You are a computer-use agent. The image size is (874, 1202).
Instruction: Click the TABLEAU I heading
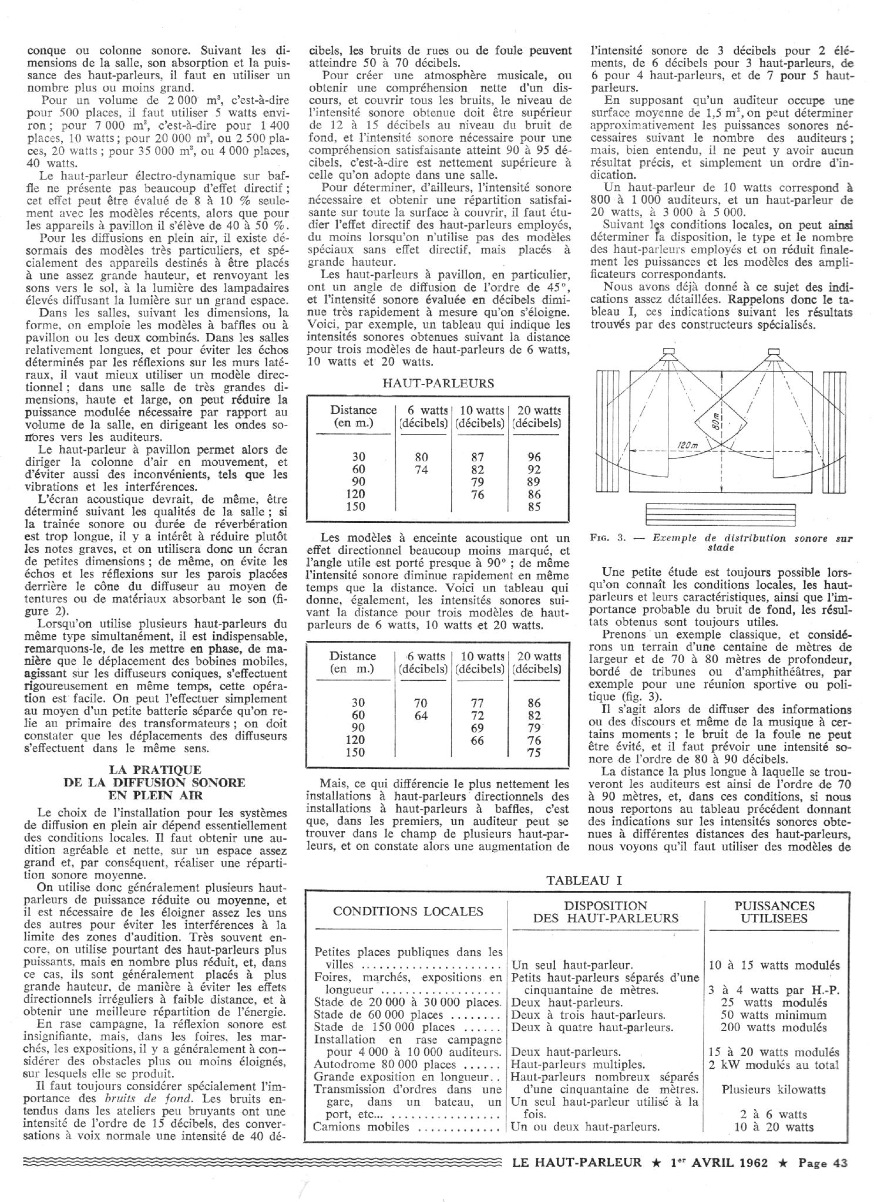point(584,880)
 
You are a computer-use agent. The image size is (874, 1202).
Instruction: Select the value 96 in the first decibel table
point(534,457)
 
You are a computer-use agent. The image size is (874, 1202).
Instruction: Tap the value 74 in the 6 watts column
point(421,469)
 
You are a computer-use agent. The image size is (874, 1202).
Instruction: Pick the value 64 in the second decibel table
point(421,715)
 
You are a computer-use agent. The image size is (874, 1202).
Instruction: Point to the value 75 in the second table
point(534,752)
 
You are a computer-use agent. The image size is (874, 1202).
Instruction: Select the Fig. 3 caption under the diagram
point(723,542)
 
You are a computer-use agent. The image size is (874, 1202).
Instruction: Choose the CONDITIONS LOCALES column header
point(408,911)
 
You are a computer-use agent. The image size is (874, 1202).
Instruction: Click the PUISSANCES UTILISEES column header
point(775,912)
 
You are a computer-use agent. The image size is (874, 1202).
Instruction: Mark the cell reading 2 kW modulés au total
point(774,1065)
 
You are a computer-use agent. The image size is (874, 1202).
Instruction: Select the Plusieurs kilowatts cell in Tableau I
point(774,1089)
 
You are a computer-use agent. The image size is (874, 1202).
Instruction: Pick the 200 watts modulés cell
point(774,1027)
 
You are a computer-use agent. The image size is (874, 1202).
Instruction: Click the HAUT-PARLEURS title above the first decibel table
point(438,383)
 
